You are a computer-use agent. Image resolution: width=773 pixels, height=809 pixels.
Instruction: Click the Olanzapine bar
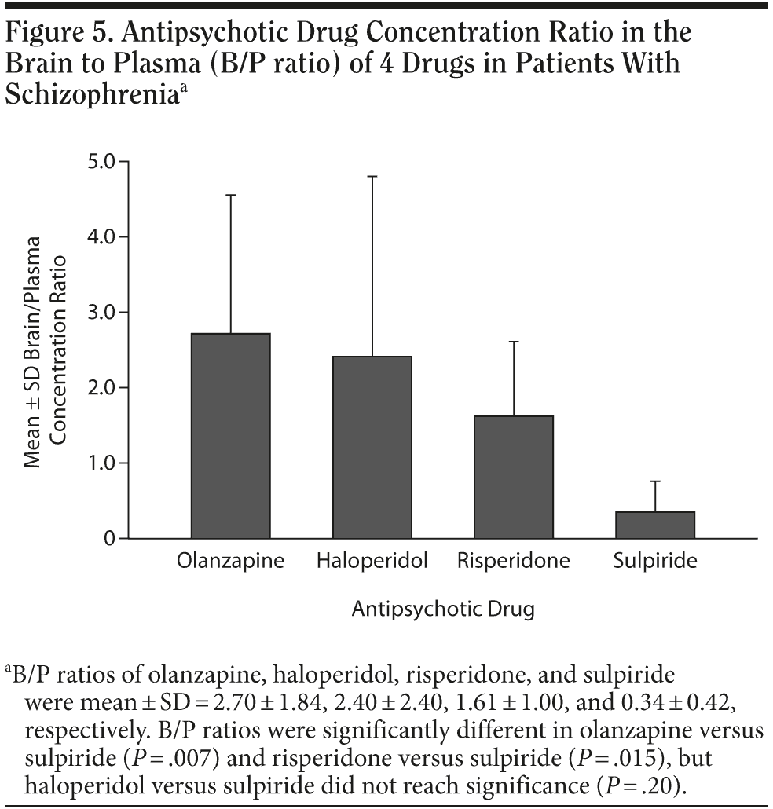click(231, 436)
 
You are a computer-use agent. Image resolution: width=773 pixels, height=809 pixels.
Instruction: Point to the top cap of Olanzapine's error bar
click(231, 195)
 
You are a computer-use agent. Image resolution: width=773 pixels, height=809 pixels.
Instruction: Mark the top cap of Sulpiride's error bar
click(655, 481)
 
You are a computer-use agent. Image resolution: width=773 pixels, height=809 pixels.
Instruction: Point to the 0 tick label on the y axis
click(109, 540)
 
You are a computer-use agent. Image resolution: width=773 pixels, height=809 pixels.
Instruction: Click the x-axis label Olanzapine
click(231, 562)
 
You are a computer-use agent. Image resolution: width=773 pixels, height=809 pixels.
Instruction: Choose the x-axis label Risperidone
click(514, 562)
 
